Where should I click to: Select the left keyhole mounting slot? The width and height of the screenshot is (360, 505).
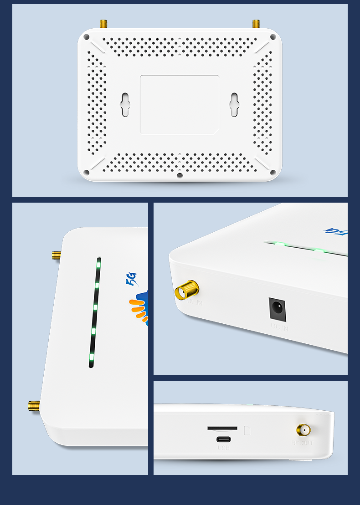[x=125, y=105]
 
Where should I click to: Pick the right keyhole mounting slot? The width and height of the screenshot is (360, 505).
[x=234, y=105]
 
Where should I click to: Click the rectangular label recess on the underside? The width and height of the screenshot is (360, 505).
[x=180, y=105]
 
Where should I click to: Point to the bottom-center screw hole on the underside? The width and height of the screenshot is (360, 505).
[x=180, y=175]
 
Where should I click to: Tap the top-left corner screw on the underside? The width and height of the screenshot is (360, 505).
[x=87, y=37]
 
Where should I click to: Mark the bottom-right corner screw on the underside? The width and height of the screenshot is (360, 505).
[x=273, y=172]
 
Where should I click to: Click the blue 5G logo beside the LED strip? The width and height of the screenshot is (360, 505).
[x=131, y=278]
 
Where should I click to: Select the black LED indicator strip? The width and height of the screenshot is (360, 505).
[x=95, y=312]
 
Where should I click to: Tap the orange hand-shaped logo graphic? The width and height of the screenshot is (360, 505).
[x=139, y=310]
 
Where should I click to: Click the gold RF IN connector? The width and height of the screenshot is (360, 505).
[x=187, y=290]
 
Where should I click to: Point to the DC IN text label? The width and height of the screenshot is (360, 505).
[x=279, y=327]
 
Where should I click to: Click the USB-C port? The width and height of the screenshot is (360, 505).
[x=223, y=439]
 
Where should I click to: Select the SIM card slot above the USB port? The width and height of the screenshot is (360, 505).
[x=222, y=428]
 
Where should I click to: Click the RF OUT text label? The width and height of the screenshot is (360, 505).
[x=302, y=443]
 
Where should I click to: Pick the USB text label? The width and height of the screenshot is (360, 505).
[x=223, y=448]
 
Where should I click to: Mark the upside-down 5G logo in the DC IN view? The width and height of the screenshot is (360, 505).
[x=335, y=231]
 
